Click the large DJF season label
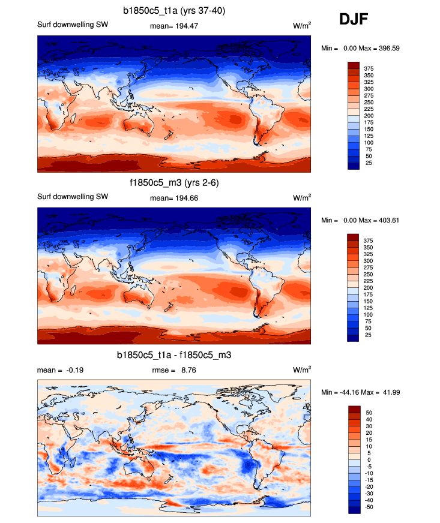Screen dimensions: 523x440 (354, 19)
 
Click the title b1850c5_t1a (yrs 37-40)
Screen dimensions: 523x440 (174, 10)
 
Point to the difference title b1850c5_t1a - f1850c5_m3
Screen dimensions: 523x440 (174, 356)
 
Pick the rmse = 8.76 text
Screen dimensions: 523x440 (174, 370)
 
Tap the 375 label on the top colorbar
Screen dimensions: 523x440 (369, 70)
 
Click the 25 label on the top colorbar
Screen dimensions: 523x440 (367, 163)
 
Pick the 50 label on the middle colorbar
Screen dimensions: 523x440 (367, 328)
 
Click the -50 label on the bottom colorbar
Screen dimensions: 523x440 (369, 507)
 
